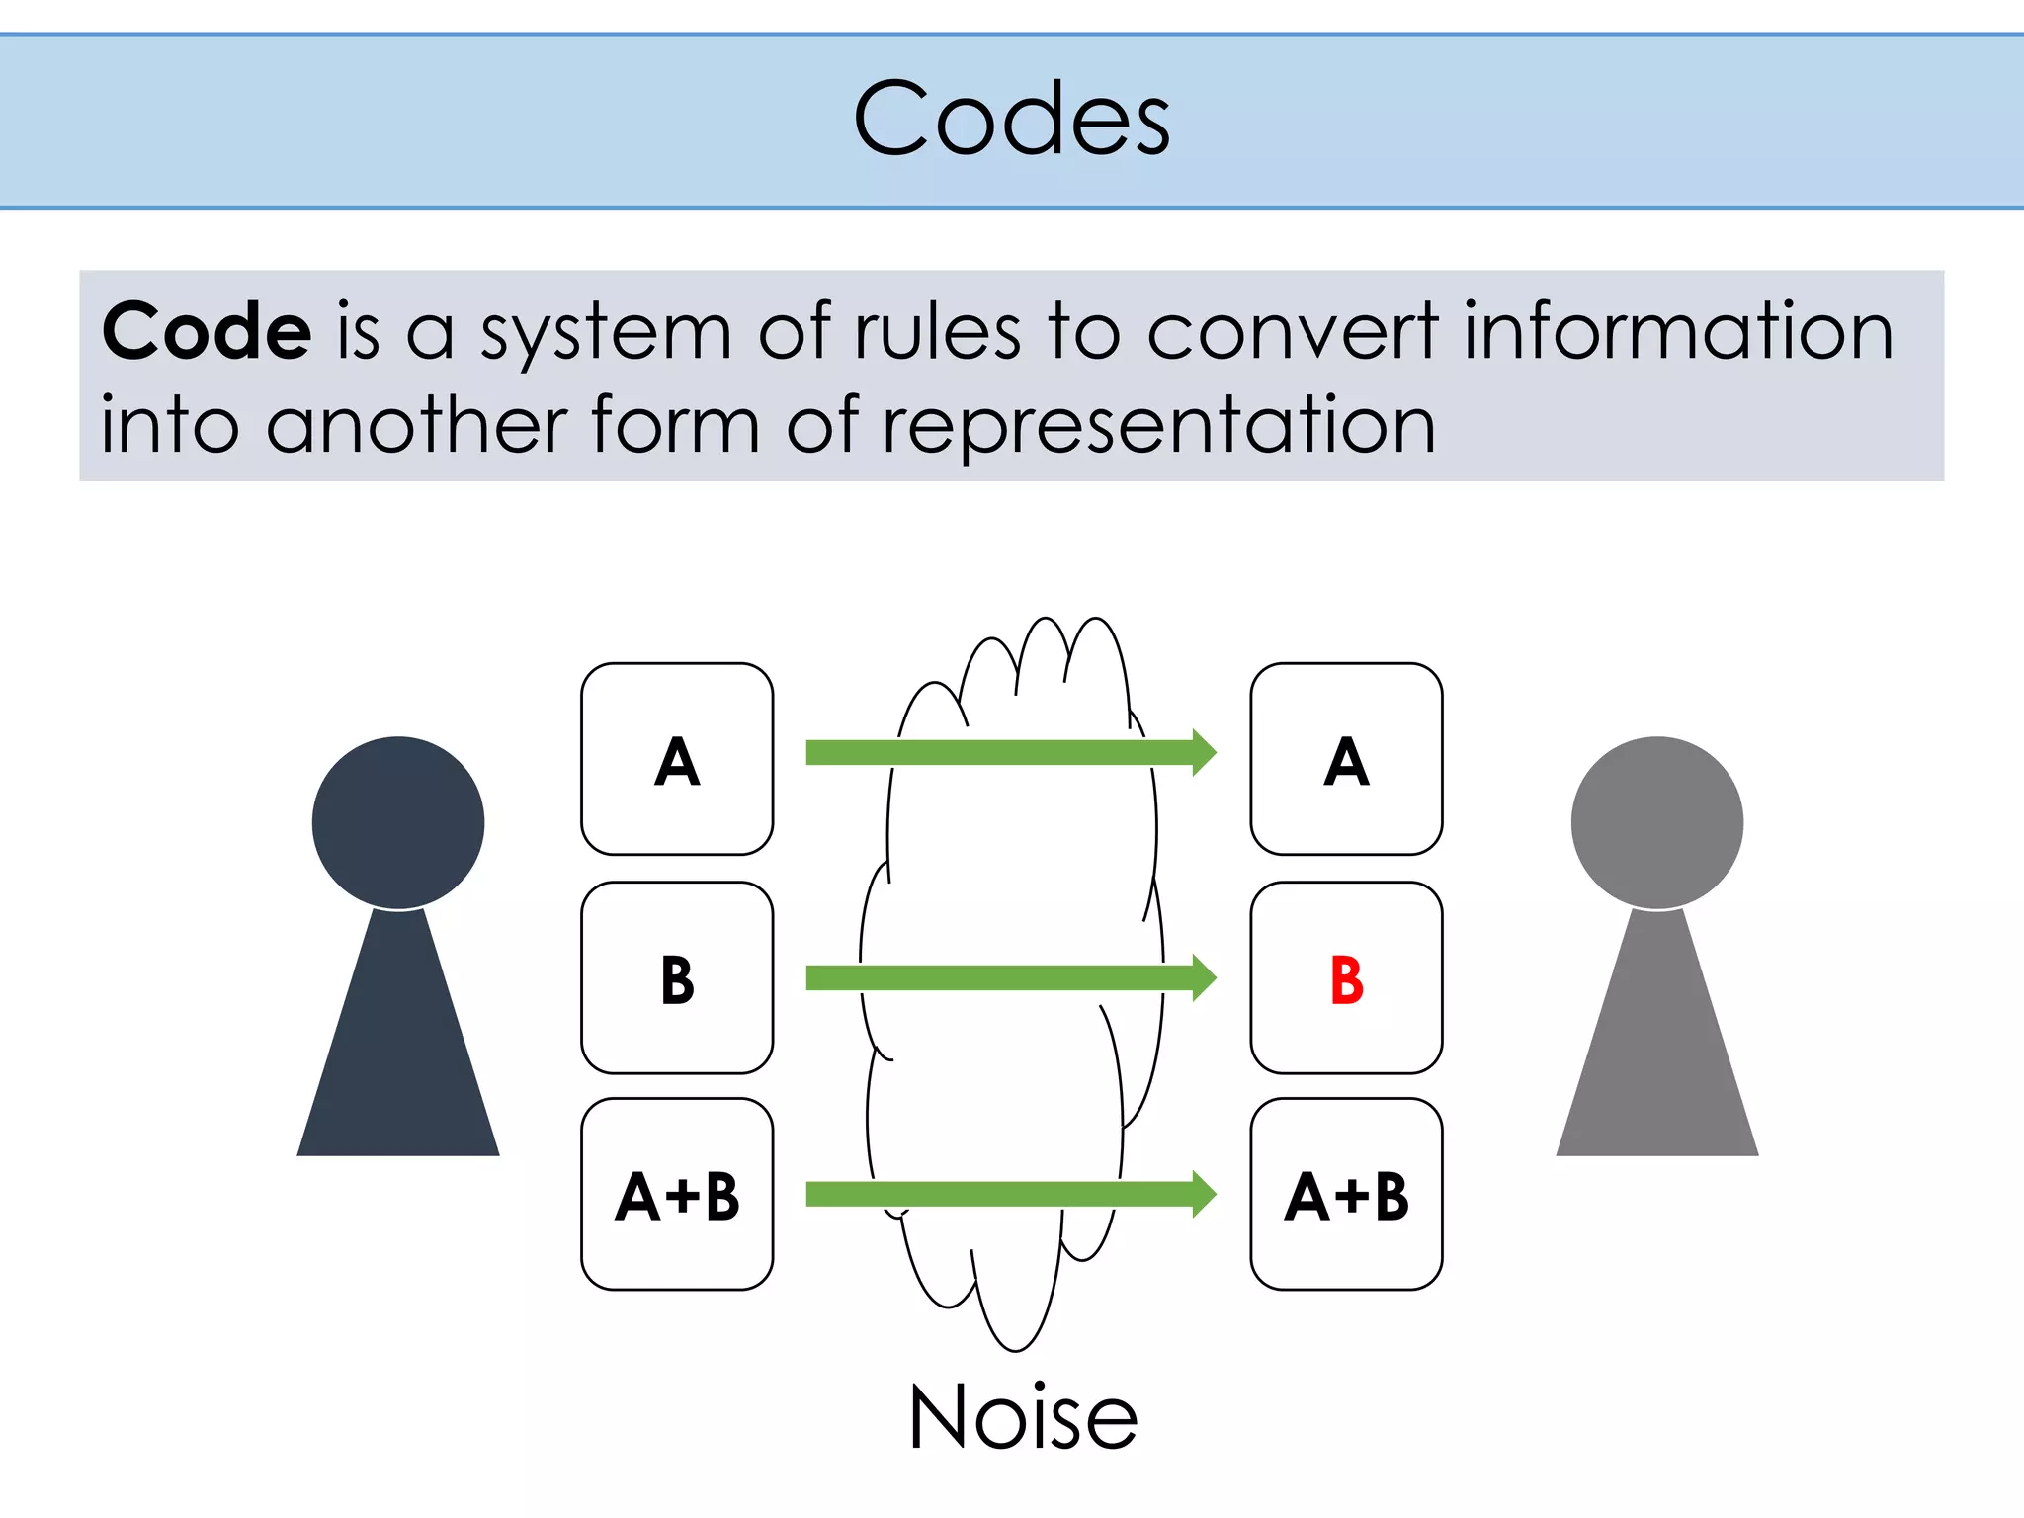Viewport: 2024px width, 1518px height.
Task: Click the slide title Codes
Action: [x=1011, y=119]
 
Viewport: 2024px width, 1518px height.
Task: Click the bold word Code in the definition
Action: [x=207, y=331]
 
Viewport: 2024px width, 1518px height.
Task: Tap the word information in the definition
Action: [x=1677, y=331]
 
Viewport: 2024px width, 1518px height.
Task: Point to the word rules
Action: [x=937, y=331]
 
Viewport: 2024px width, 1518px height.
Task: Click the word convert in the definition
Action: [x=1292, y=331]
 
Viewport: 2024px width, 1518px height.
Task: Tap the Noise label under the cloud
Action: [x=1023, y=1417]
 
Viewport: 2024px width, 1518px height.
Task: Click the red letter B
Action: [x=1346, y=980]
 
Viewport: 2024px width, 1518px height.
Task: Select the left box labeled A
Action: [x=677, y=759]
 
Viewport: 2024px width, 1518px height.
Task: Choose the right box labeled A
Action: [x=1346, y=759]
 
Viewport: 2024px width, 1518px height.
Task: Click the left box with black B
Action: [x=677, y=978]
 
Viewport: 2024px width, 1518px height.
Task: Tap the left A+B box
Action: [x=677, y=1194]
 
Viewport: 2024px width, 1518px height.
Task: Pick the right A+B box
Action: [x=1346, y=1194]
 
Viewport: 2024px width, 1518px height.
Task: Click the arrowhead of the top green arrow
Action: [x=1203, y=753]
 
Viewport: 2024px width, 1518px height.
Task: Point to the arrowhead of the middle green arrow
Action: [x=1203, y=978]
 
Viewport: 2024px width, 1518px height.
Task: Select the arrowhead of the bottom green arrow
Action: [x=1203, y=1194]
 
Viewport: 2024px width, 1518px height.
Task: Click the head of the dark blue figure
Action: [x=398, y=822]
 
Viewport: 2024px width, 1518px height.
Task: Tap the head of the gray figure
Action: [x=1657, y=822]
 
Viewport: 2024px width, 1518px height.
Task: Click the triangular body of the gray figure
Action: [x=1657, y=1057]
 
